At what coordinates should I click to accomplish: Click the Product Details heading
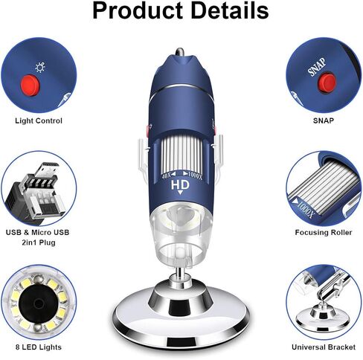[x=181, y=10]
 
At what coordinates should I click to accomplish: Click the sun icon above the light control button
[x=40, y=68]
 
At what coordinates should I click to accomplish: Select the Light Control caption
[x=39, y=120]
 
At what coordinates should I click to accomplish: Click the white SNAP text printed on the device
[x=317, y=67]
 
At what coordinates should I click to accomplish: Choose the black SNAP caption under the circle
[x=324, y=120]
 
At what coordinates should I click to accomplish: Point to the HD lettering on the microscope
[x=180, y=185]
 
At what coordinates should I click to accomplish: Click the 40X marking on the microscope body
[x=167, y=176]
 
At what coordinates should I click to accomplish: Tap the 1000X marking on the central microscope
[x=196, y=176]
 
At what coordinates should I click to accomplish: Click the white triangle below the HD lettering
[x=180, y=193]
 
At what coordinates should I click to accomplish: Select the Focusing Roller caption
[x=324, y=233]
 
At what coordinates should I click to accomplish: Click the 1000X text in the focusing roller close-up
[x=306, y=209]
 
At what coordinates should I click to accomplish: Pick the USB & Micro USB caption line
[x=37, y=233]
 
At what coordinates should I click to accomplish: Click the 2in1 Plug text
[x=39, y=242]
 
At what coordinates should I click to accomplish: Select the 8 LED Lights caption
[x=39, y=347]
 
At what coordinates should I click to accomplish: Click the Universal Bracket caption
[x=324, y=347]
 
